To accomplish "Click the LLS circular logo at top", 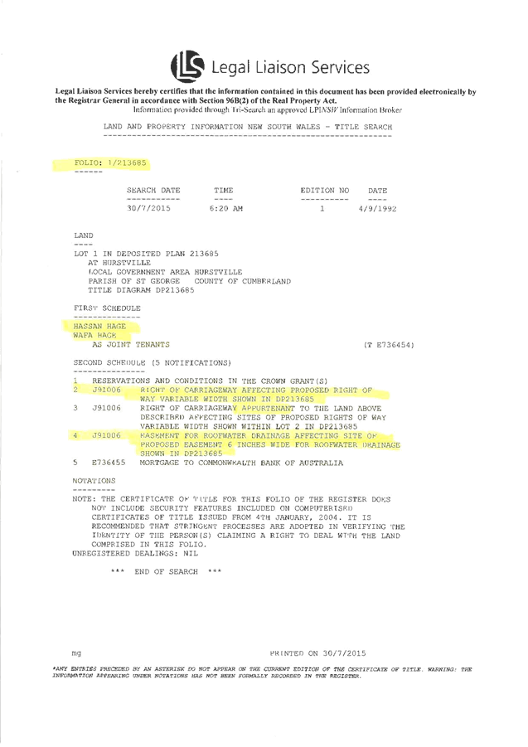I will (x=187, y=65).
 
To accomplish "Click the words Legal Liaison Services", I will (x=290, y=67).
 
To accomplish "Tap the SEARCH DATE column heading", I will (x=153, y=191).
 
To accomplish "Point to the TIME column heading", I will (x=223, y=191).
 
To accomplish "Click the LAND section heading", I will (x=84, y=235).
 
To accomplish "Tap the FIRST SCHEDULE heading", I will (x=107, y=308).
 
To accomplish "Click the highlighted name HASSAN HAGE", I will (x=99, y=327).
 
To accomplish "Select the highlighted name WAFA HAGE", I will (x=94, y=336).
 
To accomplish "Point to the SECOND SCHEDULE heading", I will (x=151, y=362).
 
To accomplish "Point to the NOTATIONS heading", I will (x=94, y=480).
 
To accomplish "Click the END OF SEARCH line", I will (x=167, y=571).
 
